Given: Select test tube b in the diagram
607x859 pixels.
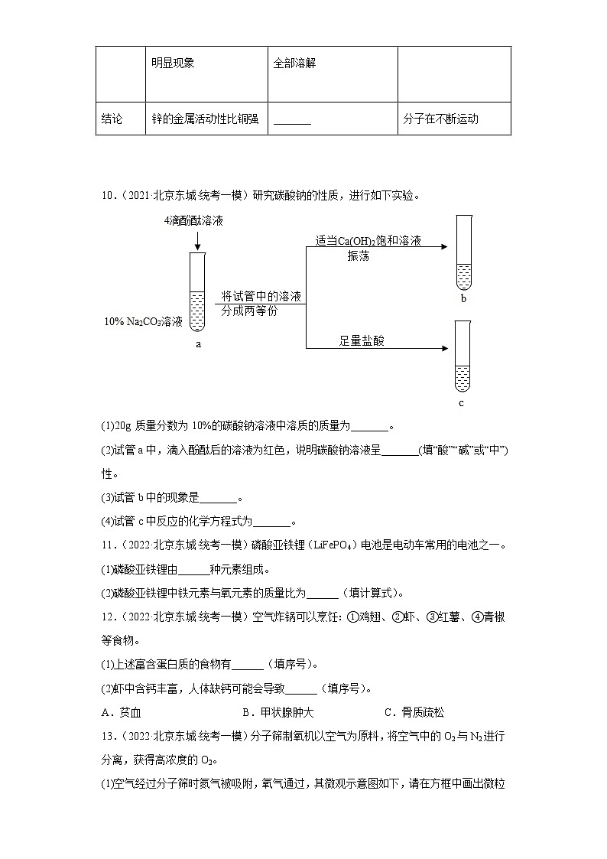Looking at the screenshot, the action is tap(463, 252).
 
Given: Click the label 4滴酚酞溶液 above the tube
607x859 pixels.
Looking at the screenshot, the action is tap(193, 221).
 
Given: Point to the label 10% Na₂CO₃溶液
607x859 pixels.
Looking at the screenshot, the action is tap(144, 322).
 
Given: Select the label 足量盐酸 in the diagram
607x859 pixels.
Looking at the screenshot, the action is tap(362, 341).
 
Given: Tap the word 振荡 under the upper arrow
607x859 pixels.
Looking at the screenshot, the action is tap(359, 256).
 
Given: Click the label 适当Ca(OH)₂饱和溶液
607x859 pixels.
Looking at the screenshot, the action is tap(368, 241).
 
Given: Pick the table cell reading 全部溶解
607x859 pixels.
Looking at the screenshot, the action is tap(295, 63).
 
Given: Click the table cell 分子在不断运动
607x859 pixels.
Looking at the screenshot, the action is tap(440, 119).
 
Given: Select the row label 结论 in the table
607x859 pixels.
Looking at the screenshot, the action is tap(112, 119).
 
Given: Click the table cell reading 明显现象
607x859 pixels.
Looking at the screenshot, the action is tap(173, 63).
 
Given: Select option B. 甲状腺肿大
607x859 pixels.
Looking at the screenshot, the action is tap(278, 712).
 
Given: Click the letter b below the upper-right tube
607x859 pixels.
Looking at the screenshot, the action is tap(463, 299).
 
